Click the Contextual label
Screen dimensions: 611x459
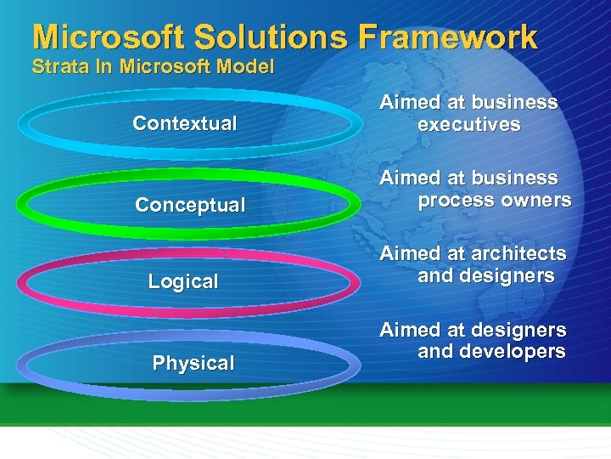click(184, 123)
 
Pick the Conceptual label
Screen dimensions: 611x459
click(190, 205)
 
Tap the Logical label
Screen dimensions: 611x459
click(183, 281)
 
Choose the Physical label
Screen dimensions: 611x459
click(193, 363)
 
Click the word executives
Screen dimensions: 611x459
click(468, 125)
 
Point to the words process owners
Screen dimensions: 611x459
click(494, 201)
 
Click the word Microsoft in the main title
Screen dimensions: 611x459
click(107, 37)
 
